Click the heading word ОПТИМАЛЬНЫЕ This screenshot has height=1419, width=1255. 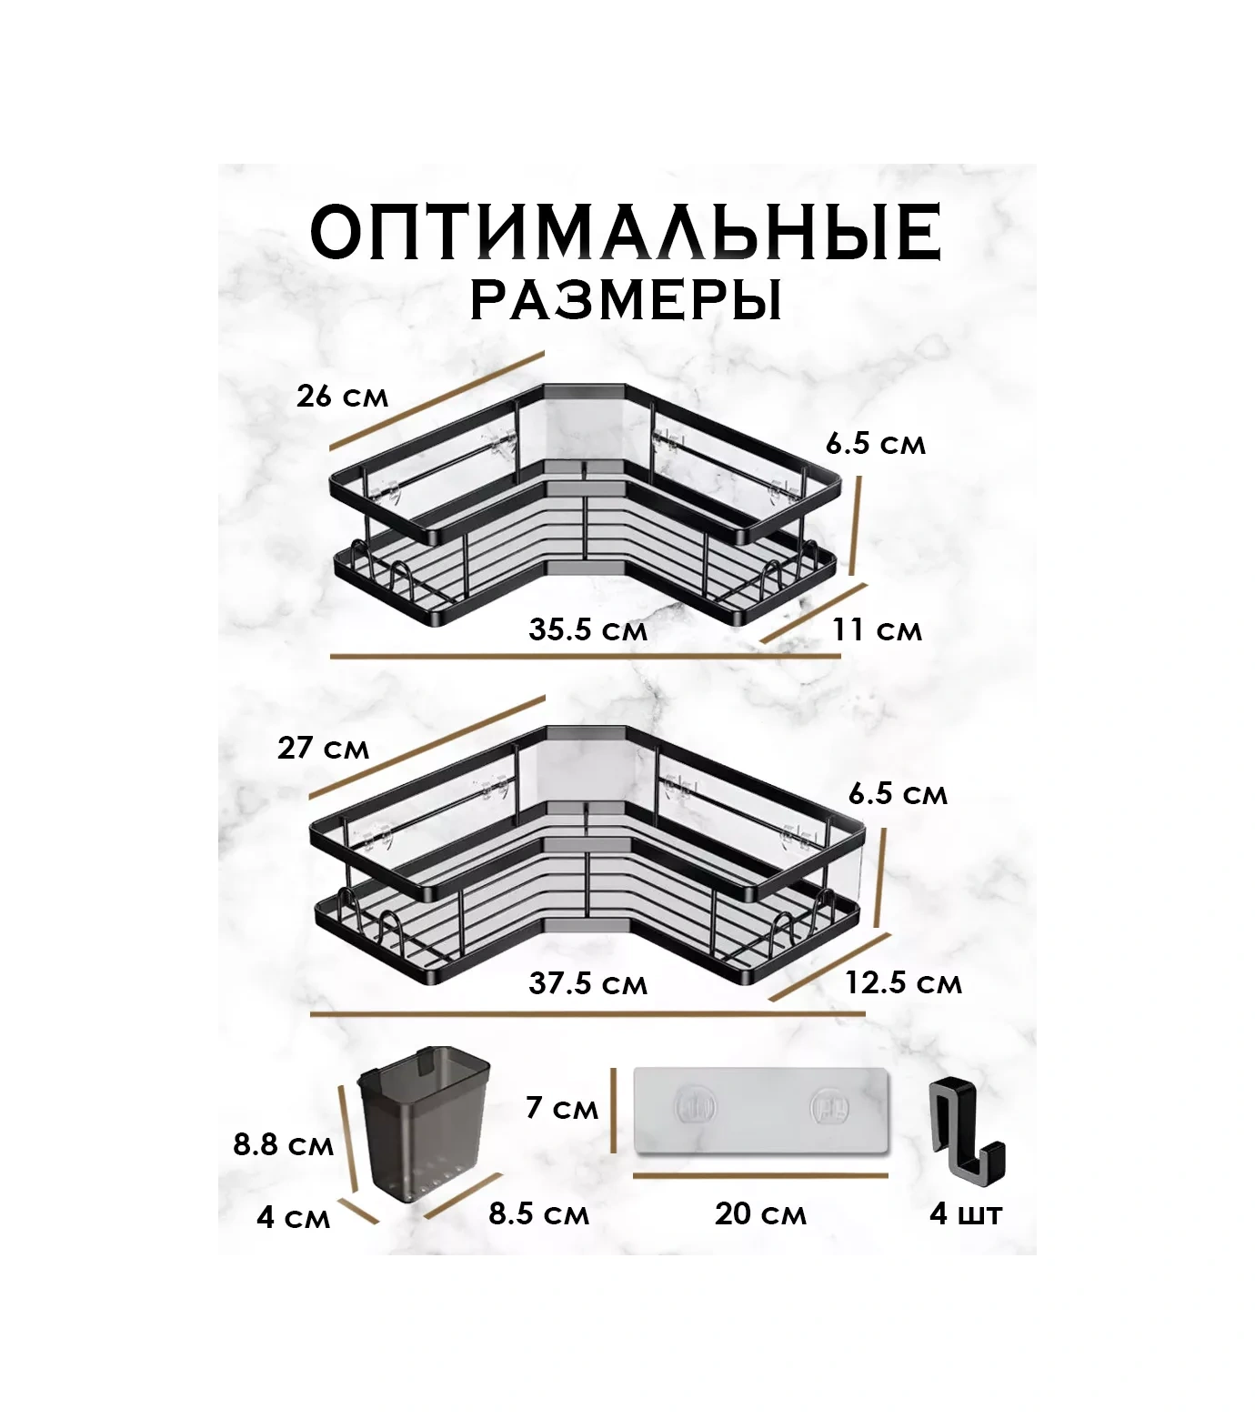pos(626,234)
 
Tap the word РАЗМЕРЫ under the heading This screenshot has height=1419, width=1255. pos(626,300)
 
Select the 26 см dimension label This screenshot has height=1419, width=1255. pos(342,397)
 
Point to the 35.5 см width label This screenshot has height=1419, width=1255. pos(587,629)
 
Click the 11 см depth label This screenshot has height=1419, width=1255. pos(878,629)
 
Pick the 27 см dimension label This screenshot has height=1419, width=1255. pos(324,748)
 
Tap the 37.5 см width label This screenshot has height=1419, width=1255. pos(587,983)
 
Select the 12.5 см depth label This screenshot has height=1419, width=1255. pos(903,982)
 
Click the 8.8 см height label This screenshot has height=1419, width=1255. pos(283,1144)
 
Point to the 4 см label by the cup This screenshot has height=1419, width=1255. pos(293,1217)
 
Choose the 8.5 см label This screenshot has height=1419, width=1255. pos(538,1213)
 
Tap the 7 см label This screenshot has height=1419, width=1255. pos(562,1108)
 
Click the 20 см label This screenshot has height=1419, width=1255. pos(760,1213)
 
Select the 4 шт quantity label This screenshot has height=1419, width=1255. pos(966,1213)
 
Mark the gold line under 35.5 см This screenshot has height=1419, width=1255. pos(546,655)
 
